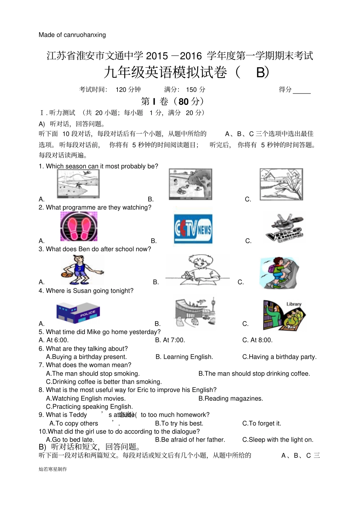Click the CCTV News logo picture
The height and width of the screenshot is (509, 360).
[x=193, y=229]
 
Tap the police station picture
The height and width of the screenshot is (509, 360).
[x=78, y=312]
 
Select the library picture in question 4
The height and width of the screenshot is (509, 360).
[x=284, y=315]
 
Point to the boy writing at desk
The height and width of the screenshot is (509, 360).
[x=198, y=270]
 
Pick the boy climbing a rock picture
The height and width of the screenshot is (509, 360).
[x=280, y=273]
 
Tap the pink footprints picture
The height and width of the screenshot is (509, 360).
[x=79, y=226]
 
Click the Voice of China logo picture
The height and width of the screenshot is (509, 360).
[x=285, y=228]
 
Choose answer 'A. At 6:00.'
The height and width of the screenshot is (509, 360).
[x=53, y=340]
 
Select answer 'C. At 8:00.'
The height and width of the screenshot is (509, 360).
[x=257, y=340]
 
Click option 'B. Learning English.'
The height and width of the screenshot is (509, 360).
[x=184, y=357]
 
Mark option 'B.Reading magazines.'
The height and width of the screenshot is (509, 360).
[x=230, y=398]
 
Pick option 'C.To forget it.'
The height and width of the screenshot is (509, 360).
[x=261, y=423]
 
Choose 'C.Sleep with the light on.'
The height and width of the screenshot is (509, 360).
[x=277, y=440]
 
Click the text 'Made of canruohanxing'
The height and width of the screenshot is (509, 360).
[x=72, y=35]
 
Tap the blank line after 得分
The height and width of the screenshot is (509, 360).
[x=302, y=91]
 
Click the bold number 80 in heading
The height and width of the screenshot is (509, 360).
[x=183, y=101]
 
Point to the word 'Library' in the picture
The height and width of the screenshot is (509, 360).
[x=294, y=304]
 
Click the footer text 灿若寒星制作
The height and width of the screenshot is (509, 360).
[x=53, y=469]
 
